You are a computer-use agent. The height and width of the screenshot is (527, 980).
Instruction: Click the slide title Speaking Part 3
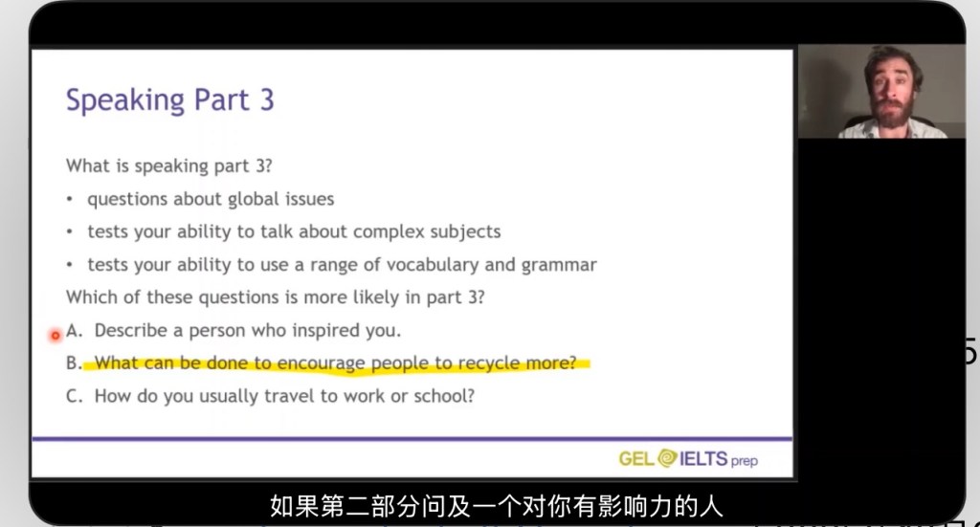pyautogui.click(x=170, y=99)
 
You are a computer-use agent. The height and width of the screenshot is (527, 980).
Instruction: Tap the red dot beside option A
pyautogui.click(x=55, y=336)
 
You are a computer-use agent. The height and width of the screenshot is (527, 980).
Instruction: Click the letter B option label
pyautogui.click(x=73, y=362)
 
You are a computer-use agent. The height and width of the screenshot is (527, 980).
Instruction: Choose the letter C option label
pyautogui.click(x=73, y=396)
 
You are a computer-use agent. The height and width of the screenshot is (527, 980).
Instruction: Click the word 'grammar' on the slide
pyautogui.click(x=559, y=265)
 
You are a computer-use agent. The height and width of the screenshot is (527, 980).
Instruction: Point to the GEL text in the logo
pyautogui.click(x=636, y=459)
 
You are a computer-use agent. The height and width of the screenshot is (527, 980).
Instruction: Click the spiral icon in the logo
pyautogui.click(x=667, y=458)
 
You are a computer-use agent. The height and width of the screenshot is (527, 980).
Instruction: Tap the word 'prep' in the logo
pyautogui.click(x=744, y=461)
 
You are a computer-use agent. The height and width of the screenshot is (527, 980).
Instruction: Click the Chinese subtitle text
pyautogui.click(x=497, y=506)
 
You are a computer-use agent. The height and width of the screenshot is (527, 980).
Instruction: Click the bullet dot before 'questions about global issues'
pyautogui.click(x=70, y=200)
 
